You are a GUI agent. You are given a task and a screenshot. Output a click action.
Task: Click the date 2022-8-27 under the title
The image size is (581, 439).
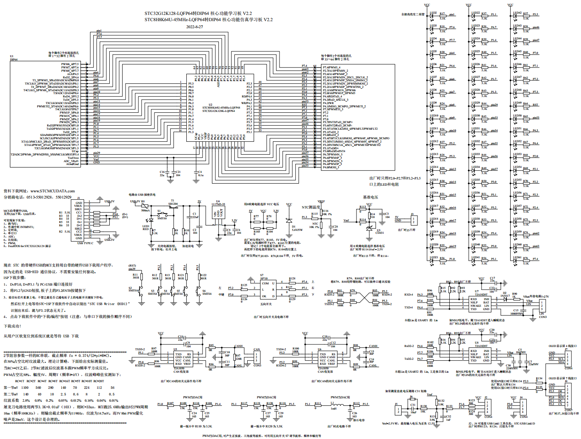(x=194, y=27)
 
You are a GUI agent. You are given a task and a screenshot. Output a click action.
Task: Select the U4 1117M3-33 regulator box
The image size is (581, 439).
(x=218, y=213)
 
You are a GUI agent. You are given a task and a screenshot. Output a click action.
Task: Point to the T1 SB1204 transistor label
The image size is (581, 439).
(x=173, y=202)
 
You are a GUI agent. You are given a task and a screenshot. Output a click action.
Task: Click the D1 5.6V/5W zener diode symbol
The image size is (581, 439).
(x=289, y=220)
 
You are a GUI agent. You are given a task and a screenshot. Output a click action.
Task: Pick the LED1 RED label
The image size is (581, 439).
(x=146, y=228)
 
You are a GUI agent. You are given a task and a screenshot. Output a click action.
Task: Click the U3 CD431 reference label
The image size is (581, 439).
(x=380, y=232)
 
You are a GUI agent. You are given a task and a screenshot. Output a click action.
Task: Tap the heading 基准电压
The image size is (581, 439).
(x=370, y=197)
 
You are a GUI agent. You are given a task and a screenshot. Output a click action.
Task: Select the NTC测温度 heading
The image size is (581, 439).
(x=311, y=207)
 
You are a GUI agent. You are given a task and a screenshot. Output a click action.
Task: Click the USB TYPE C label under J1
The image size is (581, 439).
(x=85, y=243)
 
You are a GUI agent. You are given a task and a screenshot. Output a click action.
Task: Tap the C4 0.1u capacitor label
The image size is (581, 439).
(x=200, y=173)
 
